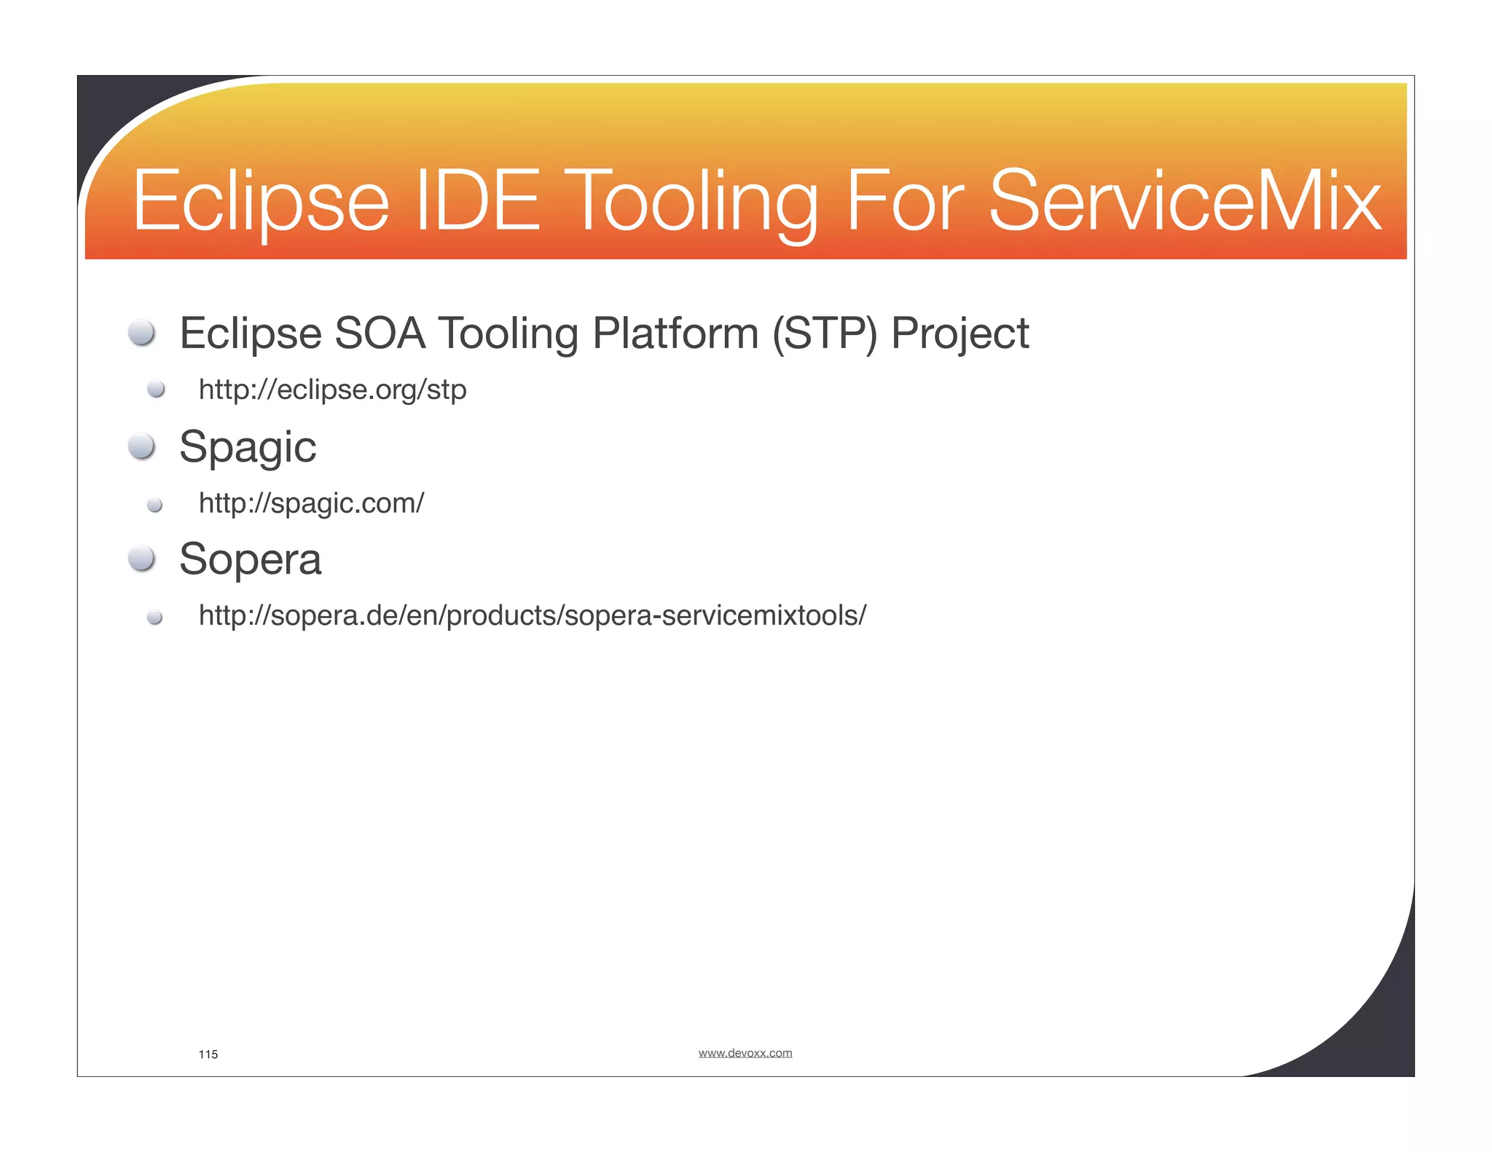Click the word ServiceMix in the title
[1184, 200]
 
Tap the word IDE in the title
[477, 200]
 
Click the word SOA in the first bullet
[380, 334]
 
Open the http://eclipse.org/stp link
[332, 390]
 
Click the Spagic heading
[248, 447]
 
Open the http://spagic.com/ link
[311, 503]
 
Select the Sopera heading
[250, 559]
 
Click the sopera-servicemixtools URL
[533, 616]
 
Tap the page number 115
[208, 1054]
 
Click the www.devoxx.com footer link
[745, 1053]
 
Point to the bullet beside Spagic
[141, 446]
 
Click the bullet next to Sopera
[141, 559]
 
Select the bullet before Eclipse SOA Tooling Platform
[141, 333]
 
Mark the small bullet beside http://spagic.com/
[154, 505]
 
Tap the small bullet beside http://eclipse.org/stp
[155, 390]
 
